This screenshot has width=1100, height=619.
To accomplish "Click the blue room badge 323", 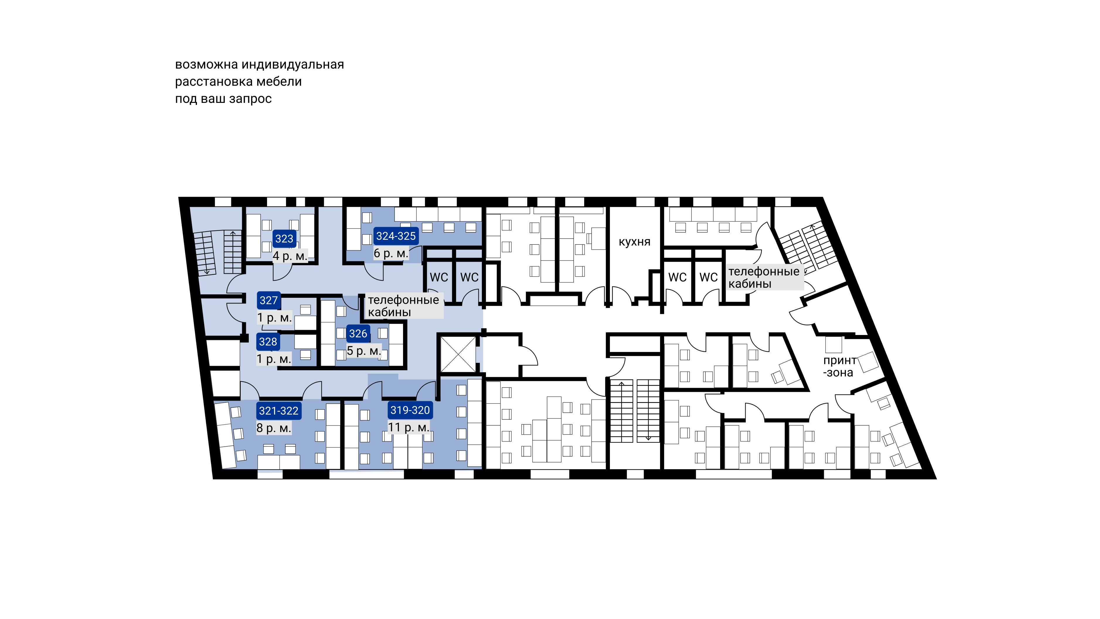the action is (284, 239).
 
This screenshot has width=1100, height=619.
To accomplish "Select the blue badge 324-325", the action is (396, 236).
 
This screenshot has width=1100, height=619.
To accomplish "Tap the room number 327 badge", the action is (268, 300).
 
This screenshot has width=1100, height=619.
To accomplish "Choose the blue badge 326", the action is (358, 334).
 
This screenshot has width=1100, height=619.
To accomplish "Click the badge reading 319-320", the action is (410, 410).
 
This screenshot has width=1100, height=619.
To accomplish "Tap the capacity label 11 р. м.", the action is (408, 427).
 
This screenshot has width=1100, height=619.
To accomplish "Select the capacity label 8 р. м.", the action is (274, 428).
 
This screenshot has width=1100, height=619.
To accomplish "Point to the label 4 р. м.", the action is (290, 256).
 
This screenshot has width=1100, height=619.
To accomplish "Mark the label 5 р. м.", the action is (364, 351).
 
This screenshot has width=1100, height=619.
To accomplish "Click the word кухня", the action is (635, 242).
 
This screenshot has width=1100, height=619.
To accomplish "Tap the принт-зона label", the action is (839, 366).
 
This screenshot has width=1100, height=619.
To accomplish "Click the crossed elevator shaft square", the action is (458, 354).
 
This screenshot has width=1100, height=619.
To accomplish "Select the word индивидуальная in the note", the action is (293, 65).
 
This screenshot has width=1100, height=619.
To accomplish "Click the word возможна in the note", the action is (207, 65).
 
